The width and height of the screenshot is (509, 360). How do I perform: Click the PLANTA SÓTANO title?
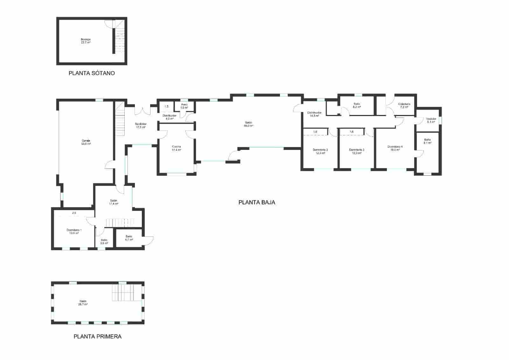(92, 73)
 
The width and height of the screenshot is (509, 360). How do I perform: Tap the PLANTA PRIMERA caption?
(97, 336)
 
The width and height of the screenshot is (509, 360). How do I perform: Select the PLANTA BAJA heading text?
(257, 202)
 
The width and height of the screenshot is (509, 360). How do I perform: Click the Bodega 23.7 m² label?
(86, 41)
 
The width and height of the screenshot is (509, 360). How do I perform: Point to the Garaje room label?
(86, 142)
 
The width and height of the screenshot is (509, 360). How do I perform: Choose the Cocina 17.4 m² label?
(176, 148)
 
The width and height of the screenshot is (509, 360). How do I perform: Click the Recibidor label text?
(141, 125)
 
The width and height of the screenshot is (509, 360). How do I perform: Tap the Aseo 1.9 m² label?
(184, 106)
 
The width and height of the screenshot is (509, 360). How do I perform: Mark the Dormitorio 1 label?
(74, 231)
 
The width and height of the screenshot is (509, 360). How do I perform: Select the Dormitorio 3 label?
(356, 151)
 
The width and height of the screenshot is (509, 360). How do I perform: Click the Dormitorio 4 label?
(395, 148)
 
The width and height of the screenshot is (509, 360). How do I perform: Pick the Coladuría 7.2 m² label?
(404, 105)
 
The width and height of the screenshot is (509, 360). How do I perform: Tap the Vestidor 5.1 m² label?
(431, 120)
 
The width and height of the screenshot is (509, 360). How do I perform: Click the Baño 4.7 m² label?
(129, 238)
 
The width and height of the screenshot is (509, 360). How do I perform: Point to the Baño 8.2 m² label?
(357, 105)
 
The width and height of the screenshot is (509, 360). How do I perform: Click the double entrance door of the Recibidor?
(142, 110)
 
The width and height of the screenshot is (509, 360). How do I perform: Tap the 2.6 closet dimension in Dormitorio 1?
(74, 213)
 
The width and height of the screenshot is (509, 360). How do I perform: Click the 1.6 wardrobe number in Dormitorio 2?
(315, 131)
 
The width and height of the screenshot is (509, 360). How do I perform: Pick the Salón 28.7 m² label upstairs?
(83, 302)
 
